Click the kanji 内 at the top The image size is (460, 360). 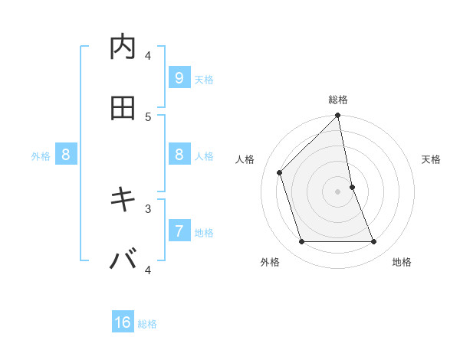pyautogui.click(x=123, y=47)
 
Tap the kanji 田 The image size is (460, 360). pyautogui.click(x=123, y=109)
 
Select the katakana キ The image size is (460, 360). pyautogui.click(x=123, y=200)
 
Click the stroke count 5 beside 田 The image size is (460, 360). pyautogui.click(x=148, y=116)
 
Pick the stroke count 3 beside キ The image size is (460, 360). pyautogui.click(x=148, y=208)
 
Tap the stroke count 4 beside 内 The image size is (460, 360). pyautogui.click(x=148, y=55)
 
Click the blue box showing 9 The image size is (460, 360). pyautogui.click(x=179, y=77)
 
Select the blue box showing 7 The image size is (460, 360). pyautogui.click(x=179, y=231)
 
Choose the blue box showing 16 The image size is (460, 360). pyautogui.click(x=123, y=322)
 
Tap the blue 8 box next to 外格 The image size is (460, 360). pyautogui.click(x=66, y=155)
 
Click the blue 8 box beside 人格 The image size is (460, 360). pyautogui.click(x=179, y=155)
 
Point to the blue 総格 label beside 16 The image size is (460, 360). pyautogui.click(x=147, y=324)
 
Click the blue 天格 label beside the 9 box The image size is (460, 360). pyautogui.click(x=204, y=80)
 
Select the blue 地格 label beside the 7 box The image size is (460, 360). pyautogui.click(x=204, y=233)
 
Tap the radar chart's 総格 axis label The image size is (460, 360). pyautogui.click(x=338, y=100)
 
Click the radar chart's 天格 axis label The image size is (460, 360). pyautogui.click(x=432, y=159)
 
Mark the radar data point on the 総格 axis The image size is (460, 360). pyautogui.click(x=338, y=116)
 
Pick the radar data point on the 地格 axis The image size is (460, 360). pyautogui.click(x=374, y=242)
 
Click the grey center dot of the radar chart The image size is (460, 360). pyautogui.click(x=338, y=191)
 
